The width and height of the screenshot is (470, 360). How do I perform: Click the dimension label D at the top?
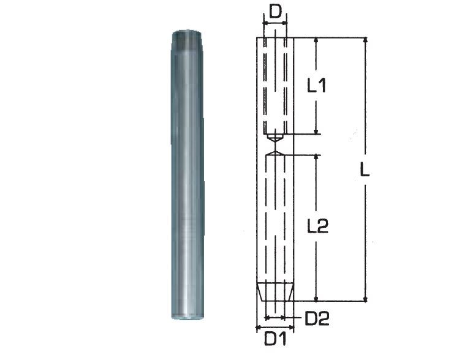(276, 12)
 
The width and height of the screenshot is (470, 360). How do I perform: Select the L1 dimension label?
(317, 86)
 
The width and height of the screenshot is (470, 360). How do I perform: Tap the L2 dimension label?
(318, 226)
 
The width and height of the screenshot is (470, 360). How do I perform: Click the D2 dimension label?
(317, 318)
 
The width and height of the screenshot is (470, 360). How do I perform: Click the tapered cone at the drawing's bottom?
(275, 292)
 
